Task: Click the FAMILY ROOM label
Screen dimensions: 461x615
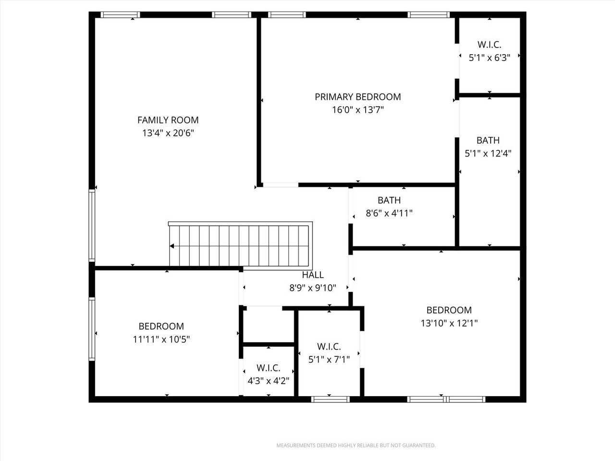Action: [168, 120]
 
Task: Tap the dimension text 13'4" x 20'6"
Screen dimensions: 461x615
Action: [168, 133]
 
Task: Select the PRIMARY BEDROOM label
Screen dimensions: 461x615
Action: [357, 97]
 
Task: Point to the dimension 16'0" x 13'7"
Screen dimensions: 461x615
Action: [357, 110]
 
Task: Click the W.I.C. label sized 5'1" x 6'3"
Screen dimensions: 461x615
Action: [489, 45]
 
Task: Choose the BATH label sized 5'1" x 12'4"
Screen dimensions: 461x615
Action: [488, 140]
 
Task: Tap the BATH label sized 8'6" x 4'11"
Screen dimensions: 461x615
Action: [389, 200]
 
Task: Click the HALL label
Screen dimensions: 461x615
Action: [313, 275]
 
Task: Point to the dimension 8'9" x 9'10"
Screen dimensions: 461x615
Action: [312, 288]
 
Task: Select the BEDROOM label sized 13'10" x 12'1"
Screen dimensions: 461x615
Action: [449, 310]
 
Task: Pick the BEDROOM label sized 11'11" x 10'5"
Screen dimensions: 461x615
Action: [161, 326]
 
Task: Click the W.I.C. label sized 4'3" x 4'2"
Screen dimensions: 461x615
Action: [268, 368]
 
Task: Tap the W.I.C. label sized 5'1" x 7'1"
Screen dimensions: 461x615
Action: [329, 346]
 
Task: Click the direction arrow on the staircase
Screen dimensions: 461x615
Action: [172, 246]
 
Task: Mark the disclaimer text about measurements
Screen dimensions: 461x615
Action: [356, 446]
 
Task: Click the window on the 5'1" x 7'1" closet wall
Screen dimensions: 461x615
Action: [330, 399]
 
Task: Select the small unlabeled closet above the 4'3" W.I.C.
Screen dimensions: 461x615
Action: [268, 326]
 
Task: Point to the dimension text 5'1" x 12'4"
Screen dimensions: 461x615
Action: [488, 154]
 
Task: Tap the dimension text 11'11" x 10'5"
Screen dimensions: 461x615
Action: [161, 340]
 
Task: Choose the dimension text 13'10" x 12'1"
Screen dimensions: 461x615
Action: [449, 323]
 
